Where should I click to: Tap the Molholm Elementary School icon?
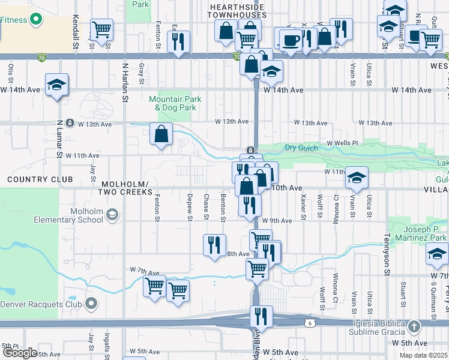pos(112,215)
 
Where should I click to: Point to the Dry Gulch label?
pos(301,147)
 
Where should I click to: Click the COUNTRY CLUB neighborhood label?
pos(40,179)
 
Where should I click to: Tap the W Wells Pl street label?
pos(342,143)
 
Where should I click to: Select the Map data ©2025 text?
pos(423,355)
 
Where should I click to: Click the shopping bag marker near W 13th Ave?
pos(161,136)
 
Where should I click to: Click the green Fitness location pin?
pos(36,19)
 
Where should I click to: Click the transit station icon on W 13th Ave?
pos(70,124)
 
